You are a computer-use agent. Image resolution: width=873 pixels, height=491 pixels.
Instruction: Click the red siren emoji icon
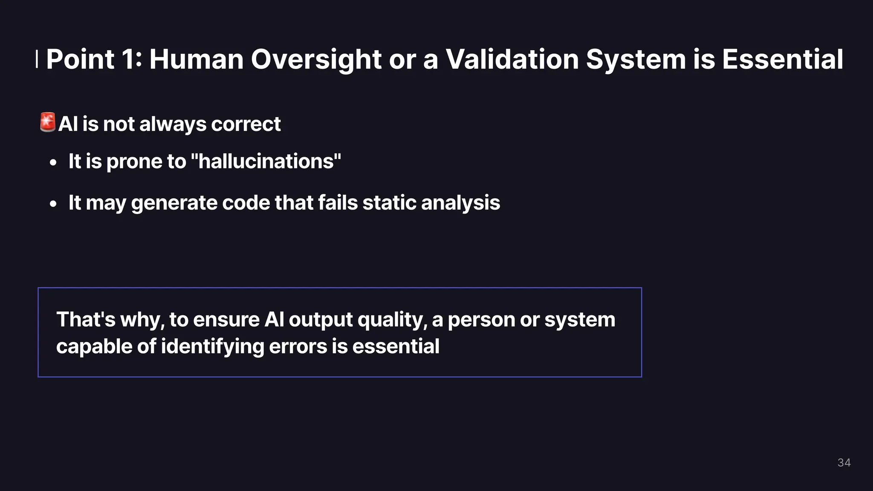click(47, 122)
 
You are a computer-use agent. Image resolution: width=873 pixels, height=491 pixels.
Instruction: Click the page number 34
click(844, 462)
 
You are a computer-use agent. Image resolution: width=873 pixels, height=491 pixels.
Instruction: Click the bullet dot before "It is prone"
click(53, 163)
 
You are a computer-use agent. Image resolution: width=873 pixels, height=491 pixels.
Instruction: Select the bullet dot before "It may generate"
click(53, 204)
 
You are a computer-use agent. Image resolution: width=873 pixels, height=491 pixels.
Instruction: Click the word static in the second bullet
click(389, 202)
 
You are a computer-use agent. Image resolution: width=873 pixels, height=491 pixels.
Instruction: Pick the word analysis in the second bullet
click(460, 203)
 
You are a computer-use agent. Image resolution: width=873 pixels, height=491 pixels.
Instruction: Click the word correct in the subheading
click(246, 124)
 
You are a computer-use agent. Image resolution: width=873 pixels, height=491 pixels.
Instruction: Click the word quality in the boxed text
click(392, 320)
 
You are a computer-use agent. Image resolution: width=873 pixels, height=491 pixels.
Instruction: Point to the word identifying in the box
click(212, 347)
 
